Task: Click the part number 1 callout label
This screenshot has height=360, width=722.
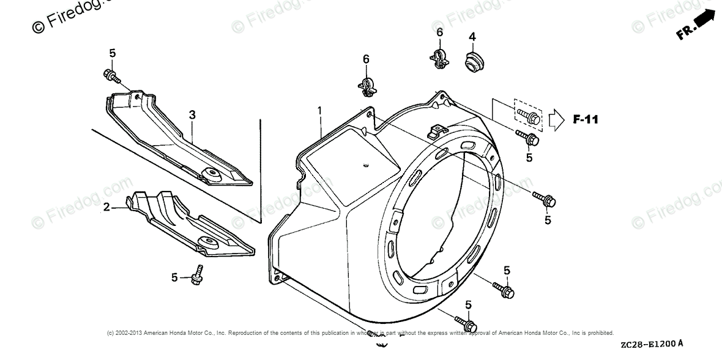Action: click(x=319, y=110)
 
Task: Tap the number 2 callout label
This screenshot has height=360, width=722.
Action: click(x=106, y=208)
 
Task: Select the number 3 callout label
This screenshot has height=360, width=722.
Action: click(x=192, y=114)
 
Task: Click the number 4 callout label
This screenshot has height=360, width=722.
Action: click(x=472, y=37)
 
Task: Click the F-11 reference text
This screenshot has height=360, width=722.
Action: click(x=586, y=119)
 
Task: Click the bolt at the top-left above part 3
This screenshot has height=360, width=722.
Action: click(x=112, y=75)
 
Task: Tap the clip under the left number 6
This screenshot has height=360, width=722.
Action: click(x=367, y=87)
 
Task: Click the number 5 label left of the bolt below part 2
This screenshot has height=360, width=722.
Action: click(x=174, y=278)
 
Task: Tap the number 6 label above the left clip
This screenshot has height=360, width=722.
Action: click(x=366, y=59)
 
